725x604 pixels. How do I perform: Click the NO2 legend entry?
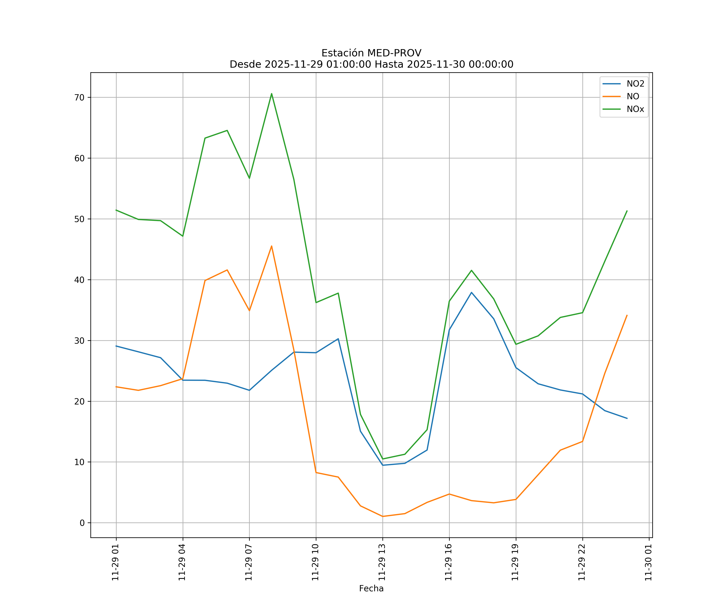point(635,84)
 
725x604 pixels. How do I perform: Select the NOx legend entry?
point(635,109)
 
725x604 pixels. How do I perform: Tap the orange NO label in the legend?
point(633,97)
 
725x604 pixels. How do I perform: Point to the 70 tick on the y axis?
point(79,97)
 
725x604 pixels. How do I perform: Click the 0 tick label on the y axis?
point(82,523)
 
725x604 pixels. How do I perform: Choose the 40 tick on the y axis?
point(79,280)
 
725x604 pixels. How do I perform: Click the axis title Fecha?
point(371,588)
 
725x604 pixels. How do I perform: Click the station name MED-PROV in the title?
point(394,53)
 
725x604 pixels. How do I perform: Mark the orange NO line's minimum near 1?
point(382,516)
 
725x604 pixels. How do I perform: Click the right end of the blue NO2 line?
point(627,418)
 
